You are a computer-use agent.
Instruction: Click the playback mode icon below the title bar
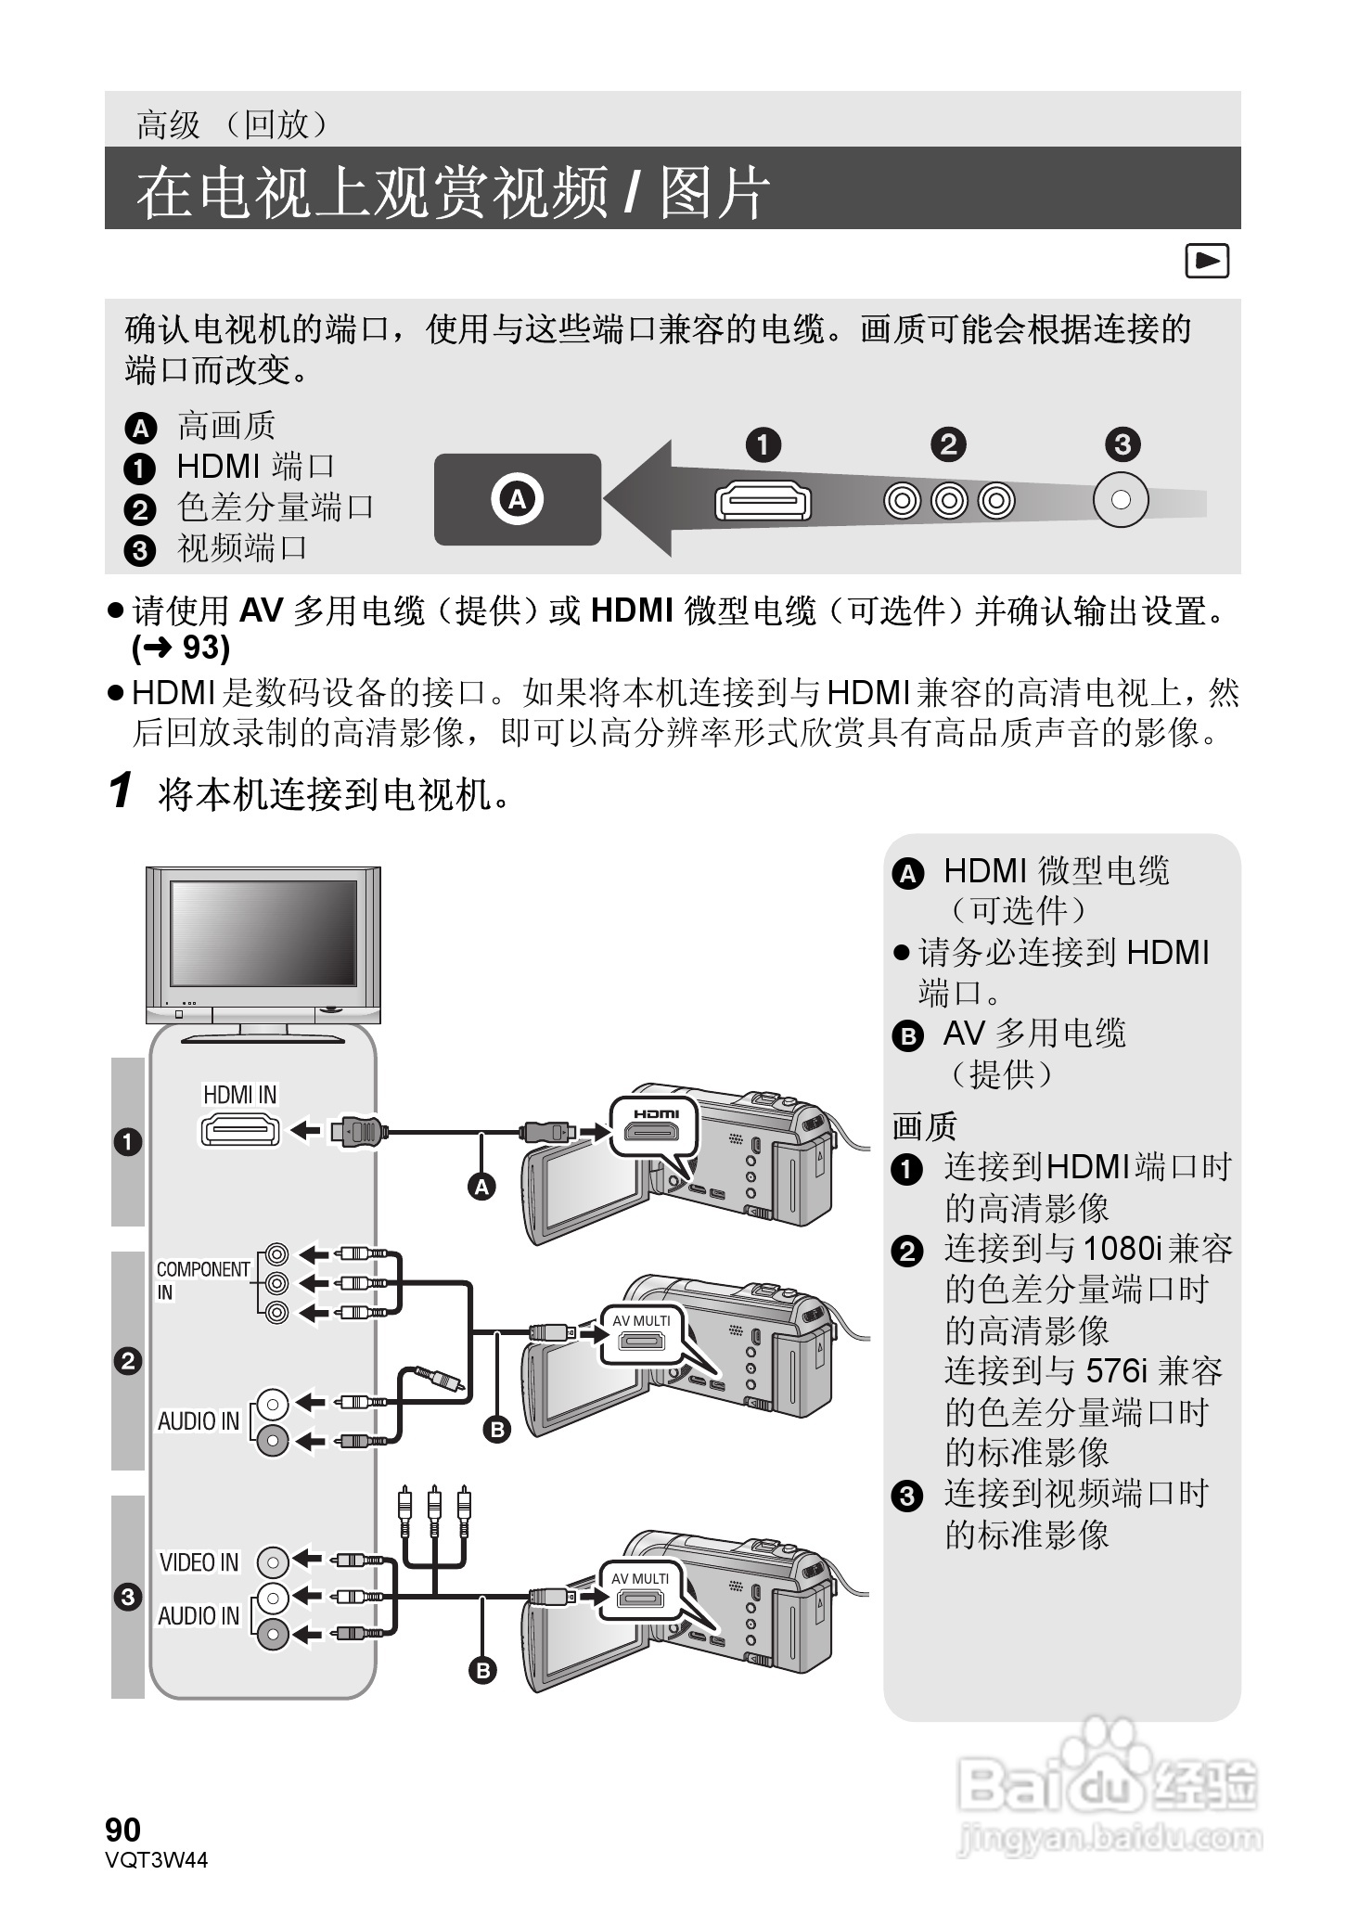tap(1207, 262)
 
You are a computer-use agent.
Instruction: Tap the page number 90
tap(123, 1830)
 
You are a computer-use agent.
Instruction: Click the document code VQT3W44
tap(157, 1859)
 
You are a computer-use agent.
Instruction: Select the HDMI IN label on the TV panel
tap(239, 1095)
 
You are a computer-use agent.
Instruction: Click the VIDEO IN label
tap(199, 1562)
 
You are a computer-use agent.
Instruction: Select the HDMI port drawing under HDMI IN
tap(240, 1130)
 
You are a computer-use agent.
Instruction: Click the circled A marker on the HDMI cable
tap(481, 1186)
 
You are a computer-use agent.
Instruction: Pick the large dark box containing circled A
tap(518, 499)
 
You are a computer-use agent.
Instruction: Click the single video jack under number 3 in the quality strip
tap(1121, 500)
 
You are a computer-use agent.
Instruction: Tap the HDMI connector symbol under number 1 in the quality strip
tap(763, 502)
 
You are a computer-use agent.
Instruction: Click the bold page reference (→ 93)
tap(181, 648)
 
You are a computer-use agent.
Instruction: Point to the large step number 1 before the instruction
tap(121, 791)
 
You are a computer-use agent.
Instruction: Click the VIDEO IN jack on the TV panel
tap(274, 1562)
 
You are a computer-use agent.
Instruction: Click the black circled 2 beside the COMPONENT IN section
tap(128, 1361)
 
